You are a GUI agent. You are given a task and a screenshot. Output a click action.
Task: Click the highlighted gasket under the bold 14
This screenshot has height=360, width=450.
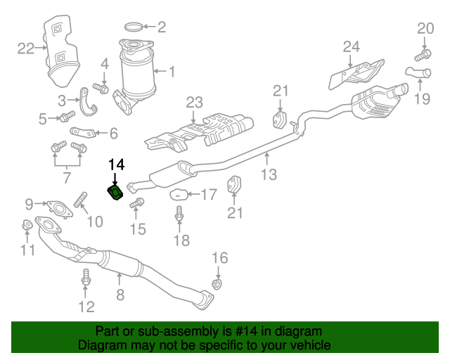click(115, 193)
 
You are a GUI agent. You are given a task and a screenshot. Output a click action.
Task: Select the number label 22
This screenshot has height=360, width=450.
click(26, 49)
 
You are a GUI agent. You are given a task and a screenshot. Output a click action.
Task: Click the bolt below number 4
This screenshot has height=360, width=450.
click(103, 89)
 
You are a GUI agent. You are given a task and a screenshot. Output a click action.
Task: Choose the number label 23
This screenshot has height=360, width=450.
click(194, 103)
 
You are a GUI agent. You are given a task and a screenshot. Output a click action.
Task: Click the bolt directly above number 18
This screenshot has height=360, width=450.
click(180, 214)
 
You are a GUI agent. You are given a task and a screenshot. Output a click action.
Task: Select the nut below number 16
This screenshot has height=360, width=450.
click(218, 283)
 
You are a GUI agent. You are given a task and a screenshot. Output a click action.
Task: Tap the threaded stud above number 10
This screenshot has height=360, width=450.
click(79, 200)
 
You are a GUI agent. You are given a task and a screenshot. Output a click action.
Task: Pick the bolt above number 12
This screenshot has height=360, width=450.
click(86, 278)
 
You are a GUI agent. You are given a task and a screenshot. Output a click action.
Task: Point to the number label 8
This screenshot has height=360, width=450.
click(120, 295)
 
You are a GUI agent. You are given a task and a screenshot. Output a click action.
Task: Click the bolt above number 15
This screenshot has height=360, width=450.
click(137, 203)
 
